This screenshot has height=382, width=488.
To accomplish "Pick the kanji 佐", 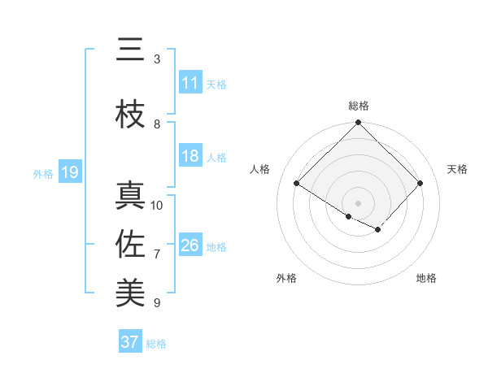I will (x=130, y=244).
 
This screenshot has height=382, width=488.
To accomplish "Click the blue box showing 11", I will (x=190, y=84).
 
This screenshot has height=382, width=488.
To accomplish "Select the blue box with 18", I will (x=190, y=157).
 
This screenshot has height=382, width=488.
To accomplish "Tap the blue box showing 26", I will (x=190, y=246).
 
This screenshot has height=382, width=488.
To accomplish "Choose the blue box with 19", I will (x=70, y=173).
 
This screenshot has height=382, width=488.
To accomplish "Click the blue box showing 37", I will (x=129, y=342).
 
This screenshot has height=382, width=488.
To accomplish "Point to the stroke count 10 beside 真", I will (x=157, y=206).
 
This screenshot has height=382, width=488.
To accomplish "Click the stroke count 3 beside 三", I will (x=157, y=59).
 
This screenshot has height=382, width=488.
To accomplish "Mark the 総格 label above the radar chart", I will (x=358, y=106).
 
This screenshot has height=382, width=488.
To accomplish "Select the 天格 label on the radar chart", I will (x=457, y=169).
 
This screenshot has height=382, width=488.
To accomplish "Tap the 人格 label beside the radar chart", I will (x=260, y=169).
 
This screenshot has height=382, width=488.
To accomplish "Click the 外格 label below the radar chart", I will (x=286, y=279).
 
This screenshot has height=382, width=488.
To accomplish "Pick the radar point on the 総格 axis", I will (x=358, y=123).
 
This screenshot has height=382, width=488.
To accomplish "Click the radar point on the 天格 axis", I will (x=420, y=183).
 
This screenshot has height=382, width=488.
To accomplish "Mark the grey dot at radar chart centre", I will (x=358, y=202).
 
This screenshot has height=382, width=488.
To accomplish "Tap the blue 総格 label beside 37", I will (x=156, y=344).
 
